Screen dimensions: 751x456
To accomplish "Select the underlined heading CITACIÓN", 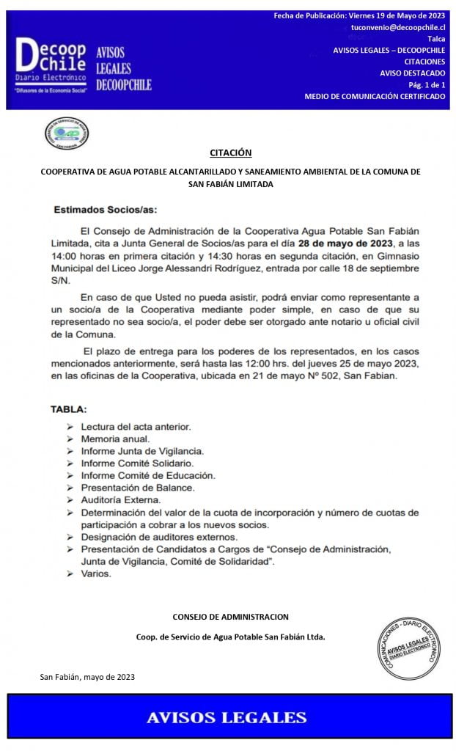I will coord(230,153).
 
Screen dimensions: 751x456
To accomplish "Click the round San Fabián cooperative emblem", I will coord(67,133).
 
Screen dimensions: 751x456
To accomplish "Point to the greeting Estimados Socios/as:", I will coord(105,210).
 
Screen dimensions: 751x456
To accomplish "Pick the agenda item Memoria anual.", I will coord(115,439).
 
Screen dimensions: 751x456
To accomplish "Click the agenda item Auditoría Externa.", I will coord(121,499).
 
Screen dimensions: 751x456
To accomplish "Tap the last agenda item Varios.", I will coord(96,574).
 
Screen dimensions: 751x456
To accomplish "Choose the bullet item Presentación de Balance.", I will coord(138,488).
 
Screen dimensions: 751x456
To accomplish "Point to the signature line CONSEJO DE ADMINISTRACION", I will coord(230,617).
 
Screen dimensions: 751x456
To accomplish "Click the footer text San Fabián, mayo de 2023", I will coord(87,677).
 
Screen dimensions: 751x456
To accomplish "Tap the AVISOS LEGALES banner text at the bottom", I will coord(227,717).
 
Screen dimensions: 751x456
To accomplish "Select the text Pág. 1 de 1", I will coord(426,84).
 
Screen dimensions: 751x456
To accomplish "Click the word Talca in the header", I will coord(435,38).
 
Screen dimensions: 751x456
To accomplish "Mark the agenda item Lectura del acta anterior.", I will coord(136,426).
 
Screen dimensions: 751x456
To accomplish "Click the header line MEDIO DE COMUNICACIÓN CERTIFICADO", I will coord(375,96).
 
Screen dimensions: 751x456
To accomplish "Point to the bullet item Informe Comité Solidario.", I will coord(137,464).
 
